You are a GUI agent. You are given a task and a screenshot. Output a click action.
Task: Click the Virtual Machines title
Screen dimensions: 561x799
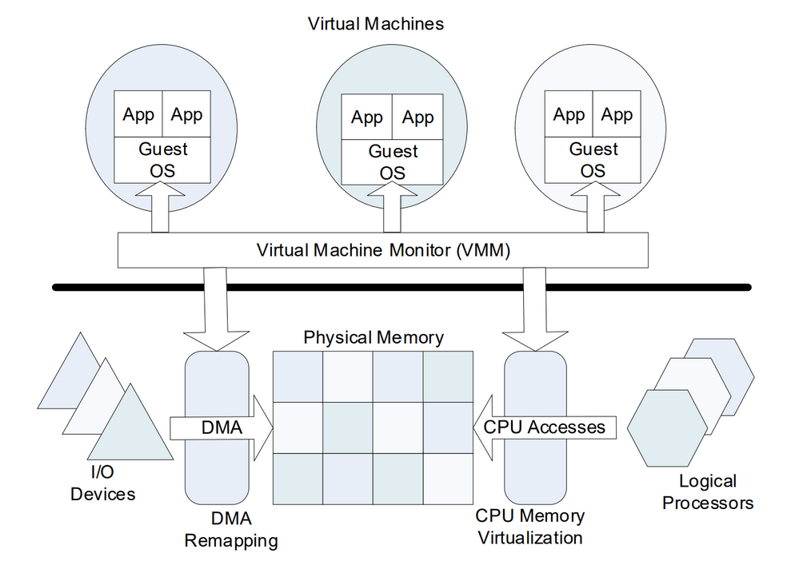pyautogui.click(x=376, y=23)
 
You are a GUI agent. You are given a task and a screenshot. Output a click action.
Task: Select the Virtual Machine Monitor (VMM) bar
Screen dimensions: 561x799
pyautogui.click(x=383, y=250)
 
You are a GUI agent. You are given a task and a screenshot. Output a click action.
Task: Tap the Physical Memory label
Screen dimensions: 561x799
pyautogui.click(x=373, y=337)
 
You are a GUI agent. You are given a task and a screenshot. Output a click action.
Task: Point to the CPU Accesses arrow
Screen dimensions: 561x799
pyautogui.click(x=544, y=427)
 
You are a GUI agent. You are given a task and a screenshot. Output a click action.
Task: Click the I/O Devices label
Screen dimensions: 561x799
pyautogui.click(x=102, y=483)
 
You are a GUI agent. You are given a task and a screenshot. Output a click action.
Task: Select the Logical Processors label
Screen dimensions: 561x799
pyautogui.click(x=708, y=491)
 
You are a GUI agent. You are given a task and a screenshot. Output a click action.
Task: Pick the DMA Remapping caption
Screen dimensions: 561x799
pyautogui.click(x=231, y=530)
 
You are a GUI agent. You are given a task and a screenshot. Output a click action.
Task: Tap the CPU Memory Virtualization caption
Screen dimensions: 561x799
pyautogui.click(x=530, y=526)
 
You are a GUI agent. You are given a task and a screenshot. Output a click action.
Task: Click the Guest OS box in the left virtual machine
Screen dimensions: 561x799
pyautogui.click(x=163, y=159)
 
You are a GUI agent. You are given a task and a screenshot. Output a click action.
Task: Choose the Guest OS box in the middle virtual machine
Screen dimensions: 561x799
pyautogui.click(x=393, y=162)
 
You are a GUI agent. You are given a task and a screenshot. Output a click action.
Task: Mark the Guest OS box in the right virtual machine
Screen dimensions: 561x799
pyautogui.click(x=593, y=159)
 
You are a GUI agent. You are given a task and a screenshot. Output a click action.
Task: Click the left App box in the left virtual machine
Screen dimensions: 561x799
pyautogui.click(x=138, y=114)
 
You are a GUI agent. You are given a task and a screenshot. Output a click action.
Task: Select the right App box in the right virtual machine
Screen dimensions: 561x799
pyautogui.click(x=617, y=114)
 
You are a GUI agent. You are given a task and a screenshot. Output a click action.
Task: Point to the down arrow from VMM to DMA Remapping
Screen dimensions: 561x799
pyautogui.click(x=216, y=308)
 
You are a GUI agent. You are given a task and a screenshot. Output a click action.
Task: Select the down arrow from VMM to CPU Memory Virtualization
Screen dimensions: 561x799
pyautogui.click(x=534, y=308)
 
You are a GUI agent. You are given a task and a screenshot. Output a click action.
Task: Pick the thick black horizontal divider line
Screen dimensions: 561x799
pyautogui.click(x=400, y=286)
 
